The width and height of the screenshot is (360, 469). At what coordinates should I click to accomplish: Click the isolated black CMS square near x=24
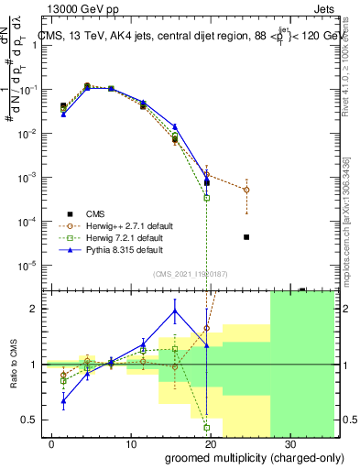[246, 237]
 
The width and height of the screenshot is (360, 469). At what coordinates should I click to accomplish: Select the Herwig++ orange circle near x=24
[246, 190]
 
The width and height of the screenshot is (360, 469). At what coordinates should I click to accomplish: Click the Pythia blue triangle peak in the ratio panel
[175, 311]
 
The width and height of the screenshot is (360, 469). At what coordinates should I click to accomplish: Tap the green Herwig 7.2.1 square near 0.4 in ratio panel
[207, 428]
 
